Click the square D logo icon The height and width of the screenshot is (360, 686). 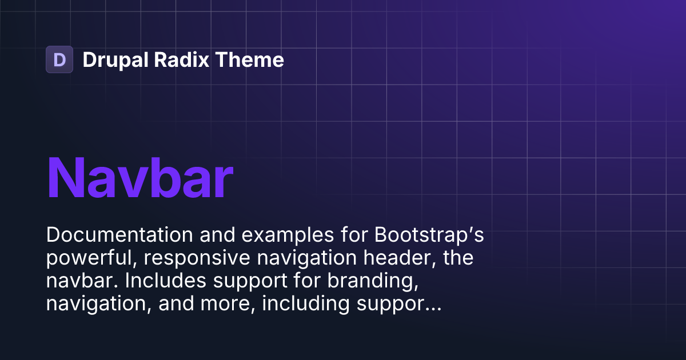(x=59, y=59)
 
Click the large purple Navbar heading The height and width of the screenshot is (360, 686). (x=139, y=177)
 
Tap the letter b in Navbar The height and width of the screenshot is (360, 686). (x=166, y=177)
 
